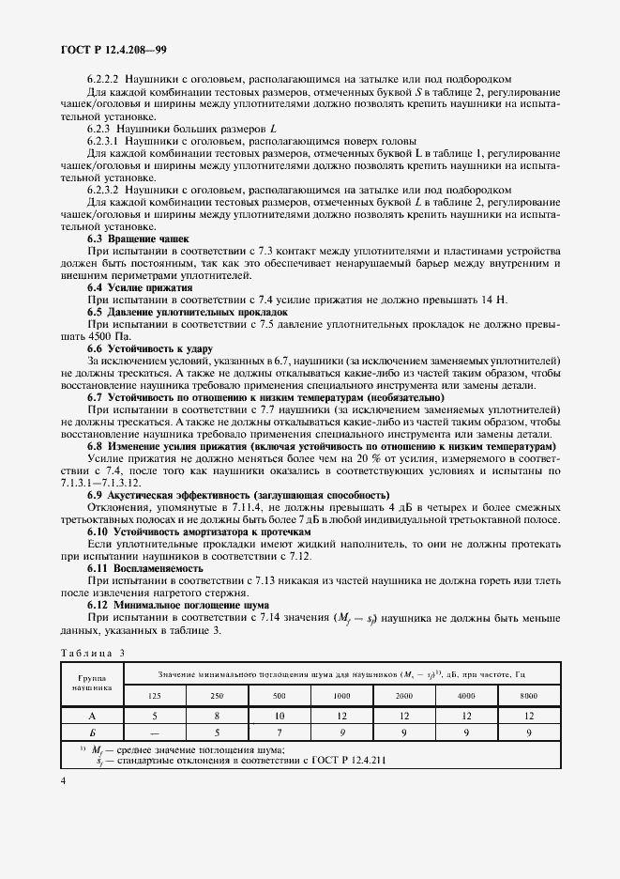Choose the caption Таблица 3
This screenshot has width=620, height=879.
coord(91,650)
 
